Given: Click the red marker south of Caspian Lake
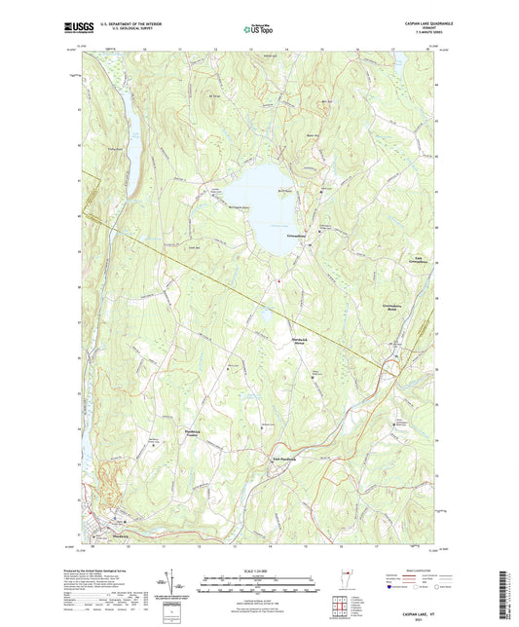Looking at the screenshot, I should tap(279, 283).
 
